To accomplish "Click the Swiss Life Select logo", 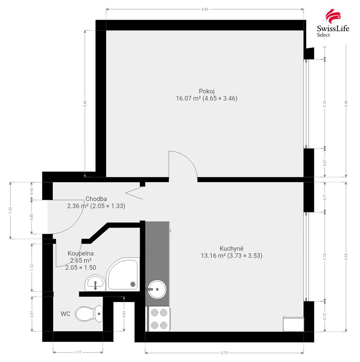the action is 333,23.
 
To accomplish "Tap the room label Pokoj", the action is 207,91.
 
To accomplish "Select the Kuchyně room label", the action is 232,249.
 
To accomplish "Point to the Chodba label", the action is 96,199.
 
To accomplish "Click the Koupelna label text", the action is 80,253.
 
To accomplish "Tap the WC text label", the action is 65,314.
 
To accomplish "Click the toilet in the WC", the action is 89,314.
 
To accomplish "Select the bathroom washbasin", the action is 95,283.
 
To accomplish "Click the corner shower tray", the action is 123,274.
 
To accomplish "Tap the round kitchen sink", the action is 157,289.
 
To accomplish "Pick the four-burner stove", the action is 159,319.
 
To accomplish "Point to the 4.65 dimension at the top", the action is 205,9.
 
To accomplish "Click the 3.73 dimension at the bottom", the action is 224,353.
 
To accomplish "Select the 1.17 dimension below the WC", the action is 78,352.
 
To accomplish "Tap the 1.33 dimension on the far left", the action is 10,210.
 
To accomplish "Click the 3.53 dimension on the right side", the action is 346,257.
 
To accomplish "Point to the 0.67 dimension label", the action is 325,163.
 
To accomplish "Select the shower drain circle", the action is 133,284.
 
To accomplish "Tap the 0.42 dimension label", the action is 32,191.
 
